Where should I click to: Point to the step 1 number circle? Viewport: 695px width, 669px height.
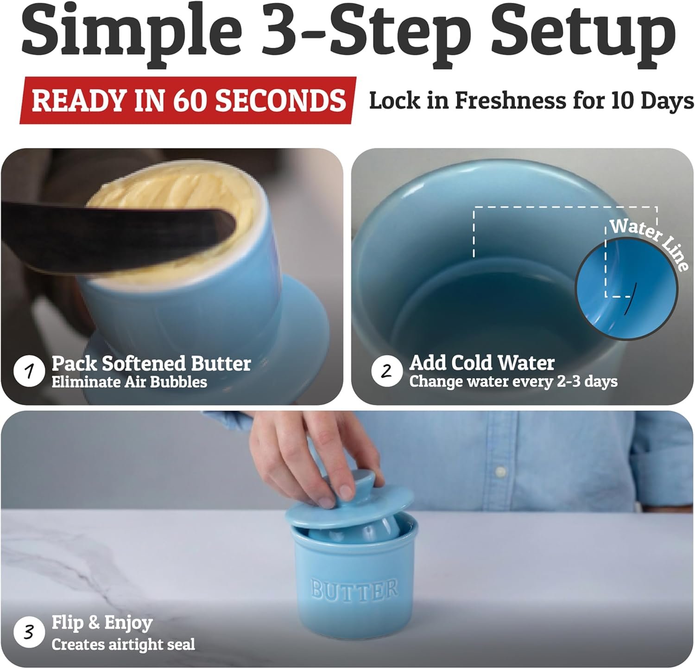(x=29, y=371)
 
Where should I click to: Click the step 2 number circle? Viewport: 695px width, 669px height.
(x=387, y=371)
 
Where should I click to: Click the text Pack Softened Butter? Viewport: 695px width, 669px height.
(x=151, y=363)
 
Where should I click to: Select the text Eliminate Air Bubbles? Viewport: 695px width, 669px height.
(x=129, y=382)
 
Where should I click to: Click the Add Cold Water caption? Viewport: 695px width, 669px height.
(x=482, y=363)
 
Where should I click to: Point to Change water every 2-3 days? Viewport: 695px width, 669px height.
(x=513, y=382)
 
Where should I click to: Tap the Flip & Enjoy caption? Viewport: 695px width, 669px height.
(x=102, y=623)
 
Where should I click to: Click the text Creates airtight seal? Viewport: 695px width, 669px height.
(x=123, y=644)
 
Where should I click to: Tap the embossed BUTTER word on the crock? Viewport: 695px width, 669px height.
(x=354, y=589)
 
